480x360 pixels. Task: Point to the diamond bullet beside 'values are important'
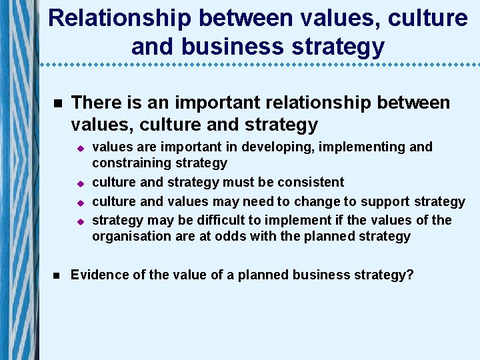click(x=78, y=148)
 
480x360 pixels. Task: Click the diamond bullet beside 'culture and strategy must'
click(x=78, y=183)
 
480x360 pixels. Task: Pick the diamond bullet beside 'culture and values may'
click(x=78, y=202)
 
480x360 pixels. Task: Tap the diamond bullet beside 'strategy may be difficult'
click(x=78, y=221)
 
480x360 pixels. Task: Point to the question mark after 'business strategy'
click(x=410, y=275)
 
